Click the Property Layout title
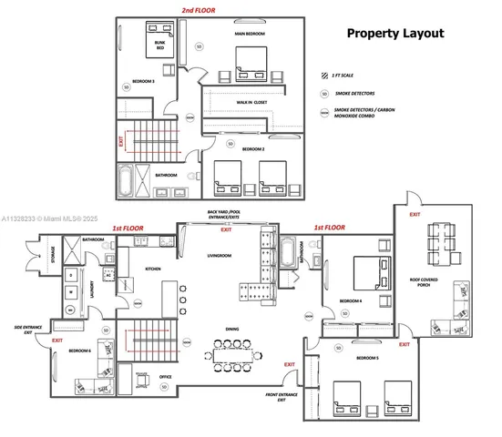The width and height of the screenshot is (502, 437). (x=395, y=34)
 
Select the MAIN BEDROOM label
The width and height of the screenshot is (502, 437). (x=250, y=34)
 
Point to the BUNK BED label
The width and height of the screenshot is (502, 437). (x=160, y=46)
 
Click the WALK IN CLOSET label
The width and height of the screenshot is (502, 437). (x=251, y=103)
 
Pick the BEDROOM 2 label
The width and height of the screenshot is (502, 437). (x=251, y=148)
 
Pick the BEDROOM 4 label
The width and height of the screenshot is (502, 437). (x=352, y=300)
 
